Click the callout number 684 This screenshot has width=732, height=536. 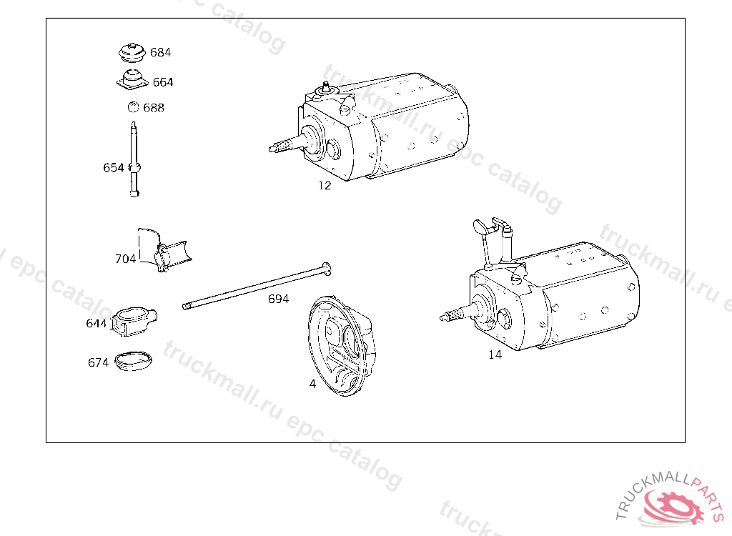point(160,52)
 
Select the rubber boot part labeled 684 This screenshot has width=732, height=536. point(132,53)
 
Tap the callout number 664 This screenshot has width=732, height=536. point(163,82)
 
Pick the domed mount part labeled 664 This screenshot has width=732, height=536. point(132,79)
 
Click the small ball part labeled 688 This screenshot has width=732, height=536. point(133,107)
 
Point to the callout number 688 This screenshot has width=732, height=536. point(154,108)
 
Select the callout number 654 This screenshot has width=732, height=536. point(114,168)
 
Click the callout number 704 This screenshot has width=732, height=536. point(125,259)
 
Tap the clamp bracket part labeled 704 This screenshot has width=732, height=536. point(164,251)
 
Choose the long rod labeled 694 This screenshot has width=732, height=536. point(257,285)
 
